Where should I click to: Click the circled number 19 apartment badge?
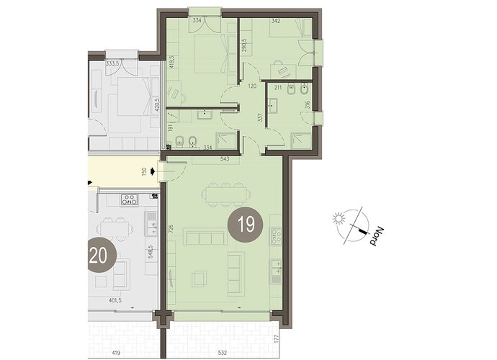pos(246,225)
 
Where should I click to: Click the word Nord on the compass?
pos(377,236)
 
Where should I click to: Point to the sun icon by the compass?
pos(339,219)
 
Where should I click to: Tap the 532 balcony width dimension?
pos(223,353)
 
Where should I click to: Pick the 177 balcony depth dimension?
pos(276,339)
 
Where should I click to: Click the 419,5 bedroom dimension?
pos(171,62)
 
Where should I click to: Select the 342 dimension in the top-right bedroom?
pos(276,21)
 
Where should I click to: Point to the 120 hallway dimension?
pos(252,86)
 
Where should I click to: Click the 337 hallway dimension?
pos(261,118)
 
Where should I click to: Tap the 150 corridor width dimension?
pos(144,172)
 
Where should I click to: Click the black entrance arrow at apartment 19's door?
pos(153,172)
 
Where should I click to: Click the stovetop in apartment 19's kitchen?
pos(276,236)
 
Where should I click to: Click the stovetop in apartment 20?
pos(130,199)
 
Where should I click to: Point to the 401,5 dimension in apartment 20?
pos(115,300)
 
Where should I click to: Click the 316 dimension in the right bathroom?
pos(307,105)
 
